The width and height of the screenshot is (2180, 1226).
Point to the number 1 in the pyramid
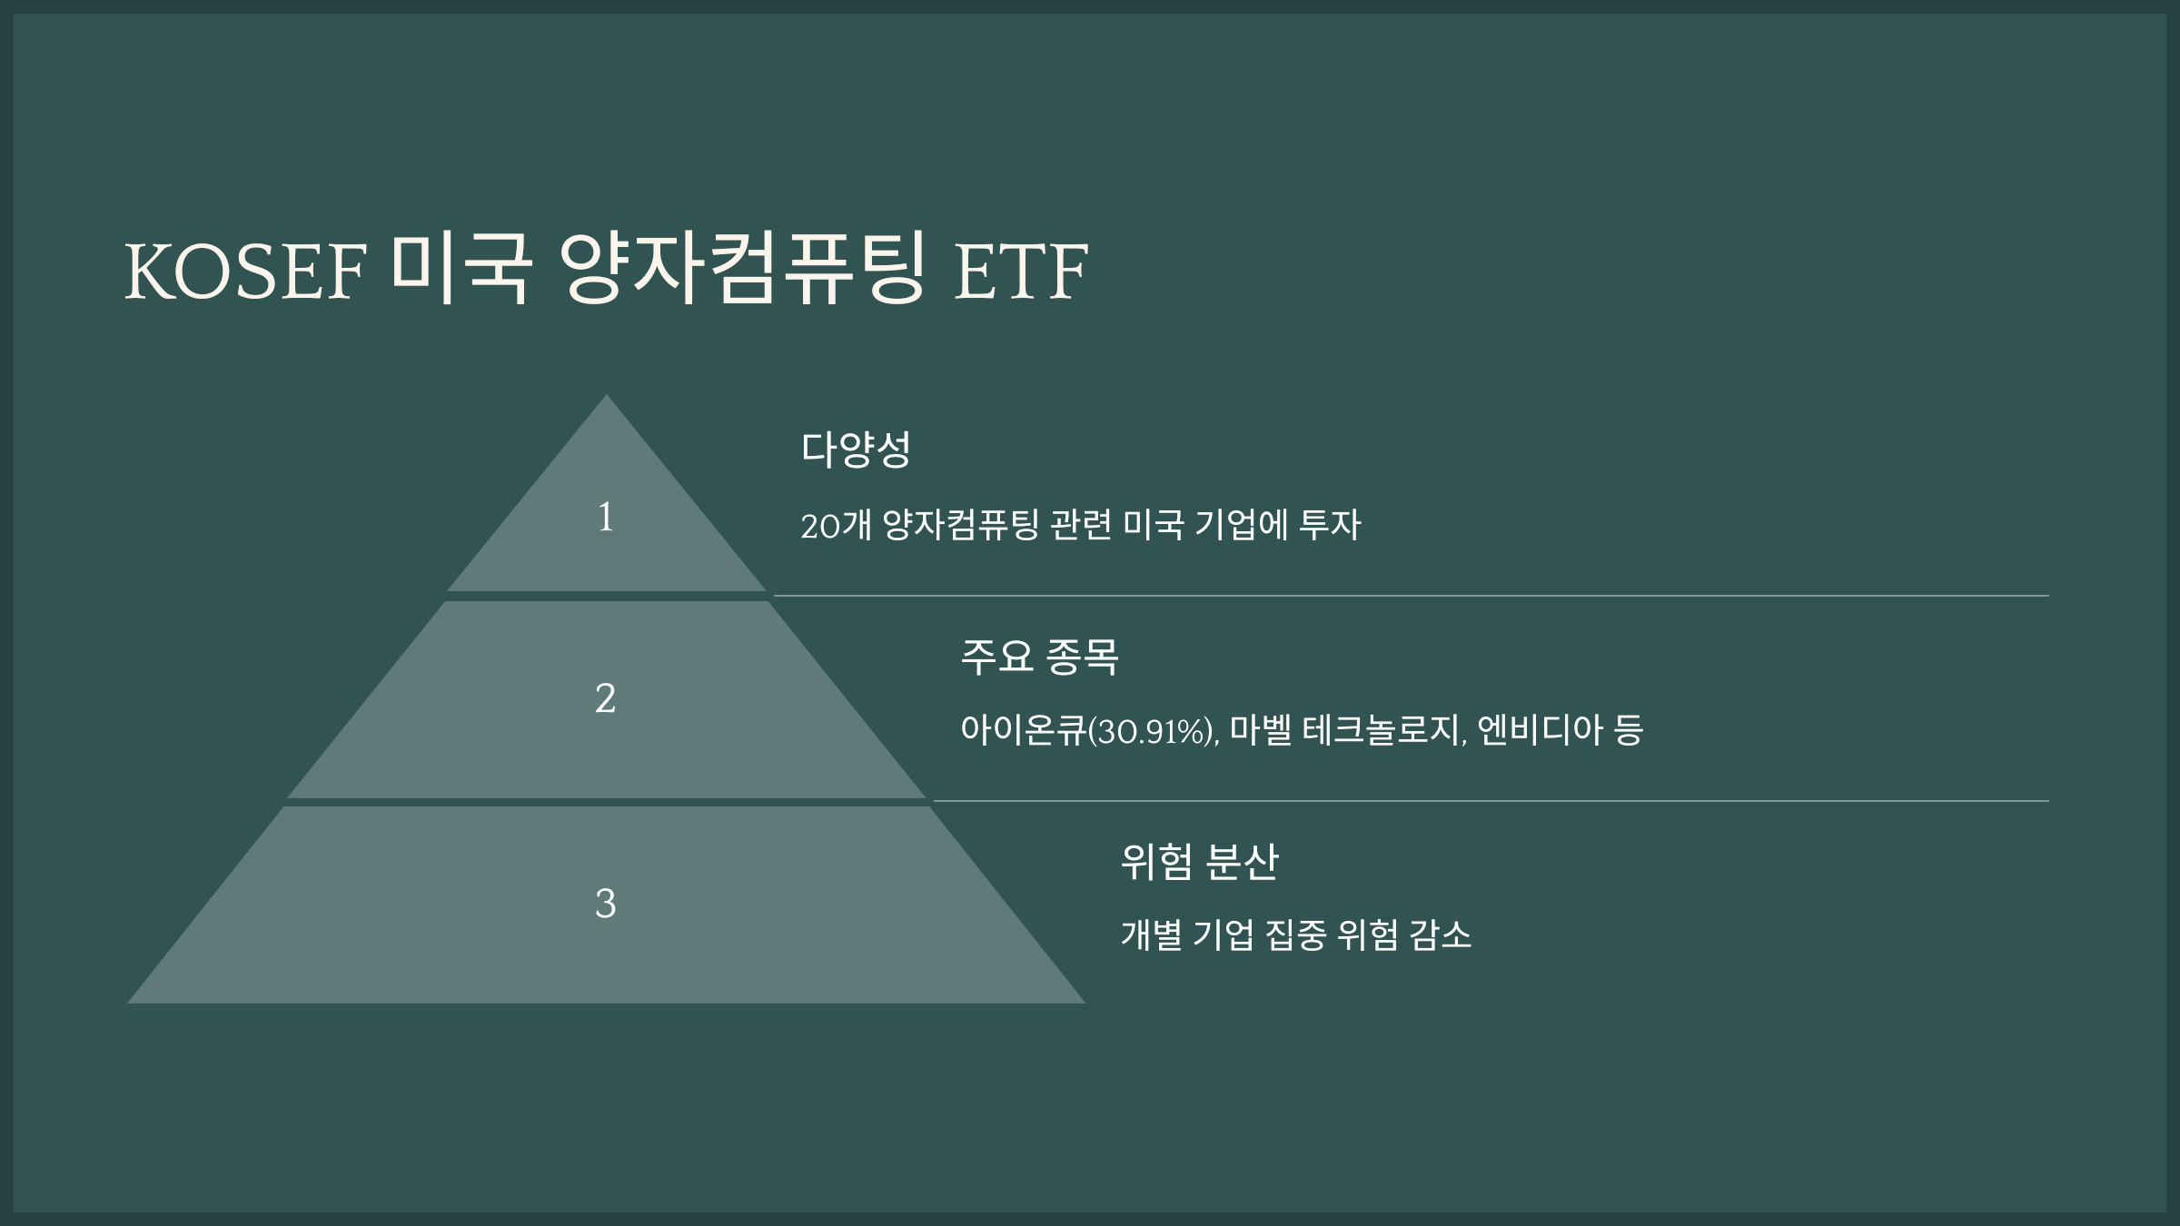tap(606, 518)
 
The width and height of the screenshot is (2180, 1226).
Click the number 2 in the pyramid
tap(606, 699)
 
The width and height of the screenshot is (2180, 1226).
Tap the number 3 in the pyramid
tap(606, 904)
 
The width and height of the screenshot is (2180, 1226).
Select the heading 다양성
tap(856, 450)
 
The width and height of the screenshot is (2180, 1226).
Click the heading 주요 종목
tap(1039, 656)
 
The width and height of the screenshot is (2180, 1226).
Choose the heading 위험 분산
tap(1199, 861)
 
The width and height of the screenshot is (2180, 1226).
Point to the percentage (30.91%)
tap(1154, 731)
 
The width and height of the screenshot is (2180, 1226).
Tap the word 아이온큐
tap(1024, 731)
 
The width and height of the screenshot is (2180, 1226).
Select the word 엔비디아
tap(1540, 730)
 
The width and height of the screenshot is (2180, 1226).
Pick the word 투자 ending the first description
tap(1330, 525)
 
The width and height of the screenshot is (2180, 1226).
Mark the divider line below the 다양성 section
tap(1408, 596)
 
